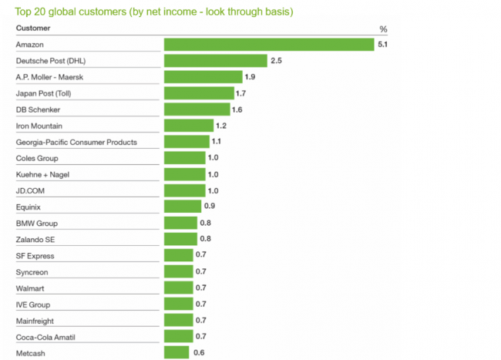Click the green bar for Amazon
[269, 45]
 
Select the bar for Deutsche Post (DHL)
[215, 61]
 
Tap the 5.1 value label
[382, 45]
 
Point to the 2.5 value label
[275, 61]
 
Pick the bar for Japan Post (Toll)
[198, 93]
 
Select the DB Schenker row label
[38, 109]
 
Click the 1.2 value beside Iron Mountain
[221, 126]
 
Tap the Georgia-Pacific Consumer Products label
[76, 142]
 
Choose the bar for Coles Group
[184, 158]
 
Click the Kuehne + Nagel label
[43, 174]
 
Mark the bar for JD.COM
[184, 190]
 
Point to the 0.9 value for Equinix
[209, 207]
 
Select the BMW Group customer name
[37, 223]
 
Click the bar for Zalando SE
[180, 239]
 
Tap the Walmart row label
[30, 288]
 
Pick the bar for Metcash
[176, 352]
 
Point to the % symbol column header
[383, 29]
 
